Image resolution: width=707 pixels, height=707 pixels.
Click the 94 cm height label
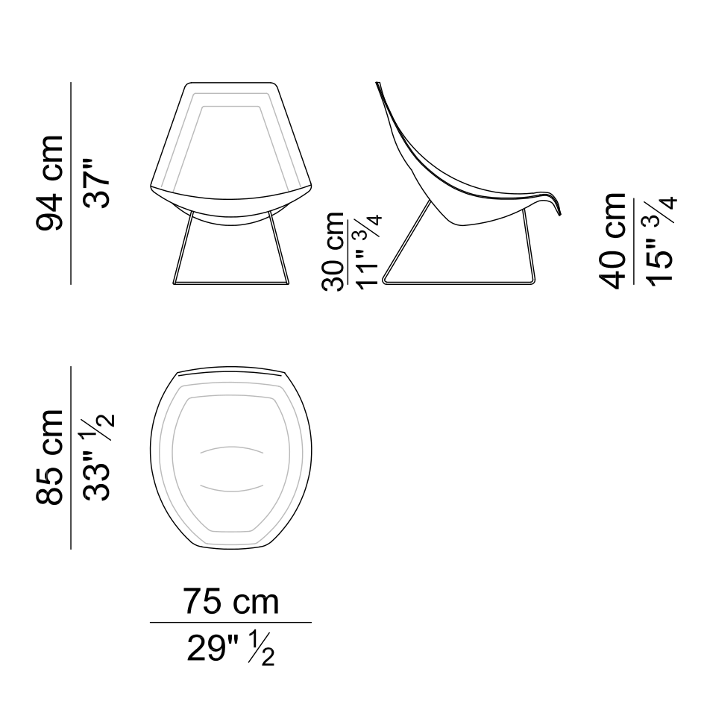click(x=50, y=183)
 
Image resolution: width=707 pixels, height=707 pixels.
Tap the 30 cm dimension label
click(x=333, y=251)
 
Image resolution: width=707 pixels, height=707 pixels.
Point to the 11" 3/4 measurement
click(x=369, y=251)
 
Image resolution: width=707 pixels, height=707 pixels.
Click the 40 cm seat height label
click(x=613, y=241)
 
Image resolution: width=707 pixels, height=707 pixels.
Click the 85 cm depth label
click(x=50, y=456)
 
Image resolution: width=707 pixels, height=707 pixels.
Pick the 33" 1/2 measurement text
click(x=98, y=456)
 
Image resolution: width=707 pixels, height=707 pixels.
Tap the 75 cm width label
click(x=231, y=602)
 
